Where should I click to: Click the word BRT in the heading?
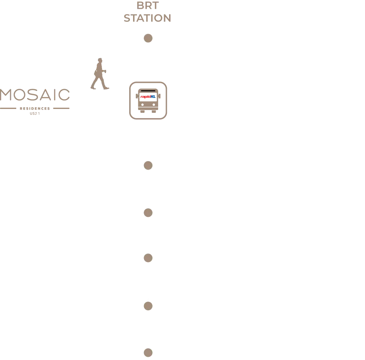(148, 6)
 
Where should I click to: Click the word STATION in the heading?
(147, 18)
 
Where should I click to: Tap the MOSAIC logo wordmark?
(35, 95)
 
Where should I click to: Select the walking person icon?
(100, 74)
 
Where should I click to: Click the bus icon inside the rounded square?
(148, 100)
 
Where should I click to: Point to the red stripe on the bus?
(145, 97)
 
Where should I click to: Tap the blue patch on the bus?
(153, 96)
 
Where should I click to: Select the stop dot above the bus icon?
(148, 38)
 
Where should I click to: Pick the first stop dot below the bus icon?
(148, 165)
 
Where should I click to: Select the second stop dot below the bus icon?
(148, 213)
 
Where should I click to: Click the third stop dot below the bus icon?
(148, 258)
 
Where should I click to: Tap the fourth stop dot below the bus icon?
(148, 306)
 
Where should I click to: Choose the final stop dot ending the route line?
(148, 353)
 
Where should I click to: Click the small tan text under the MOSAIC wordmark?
(34, 113)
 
